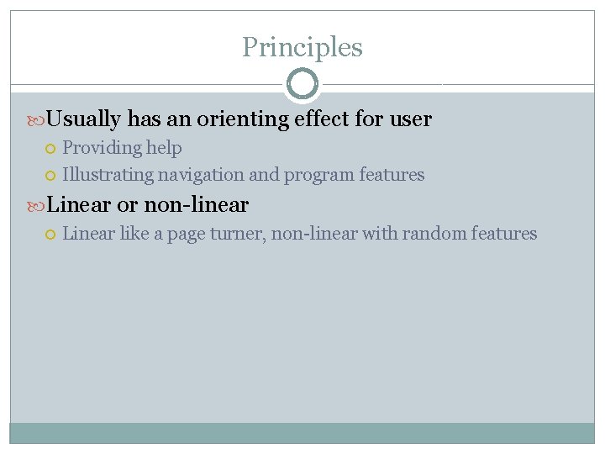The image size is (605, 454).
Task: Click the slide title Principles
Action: point(302,48)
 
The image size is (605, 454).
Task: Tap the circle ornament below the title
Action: point(302,84)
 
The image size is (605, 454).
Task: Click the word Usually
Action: point(84,119)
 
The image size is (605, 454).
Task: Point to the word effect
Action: point(323,119)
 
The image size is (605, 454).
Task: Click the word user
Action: point(411,119)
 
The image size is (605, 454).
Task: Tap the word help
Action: point(164,148)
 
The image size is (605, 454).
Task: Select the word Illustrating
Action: point(107,175)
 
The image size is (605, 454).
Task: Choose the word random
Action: point(429,234)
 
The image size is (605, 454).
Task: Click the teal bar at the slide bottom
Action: point(302,432)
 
